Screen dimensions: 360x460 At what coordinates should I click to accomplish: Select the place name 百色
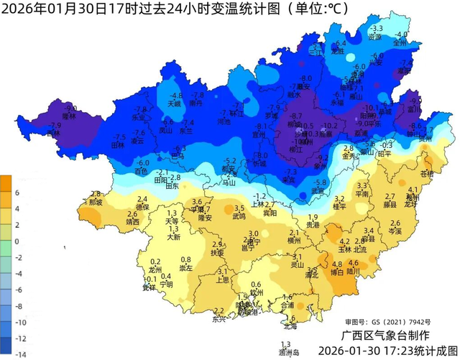click(141, 172)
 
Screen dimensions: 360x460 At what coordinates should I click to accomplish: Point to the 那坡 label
click(96, 203)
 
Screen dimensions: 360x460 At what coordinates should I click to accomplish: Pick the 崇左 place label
click(186, 268)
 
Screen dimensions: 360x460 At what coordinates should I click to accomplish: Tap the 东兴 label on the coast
click(218, 320)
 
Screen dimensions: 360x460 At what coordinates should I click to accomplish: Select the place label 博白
click(337, 272)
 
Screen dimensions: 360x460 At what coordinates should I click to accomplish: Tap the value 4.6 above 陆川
click(353, 264)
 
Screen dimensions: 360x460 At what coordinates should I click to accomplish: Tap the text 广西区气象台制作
click(385, 336)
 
